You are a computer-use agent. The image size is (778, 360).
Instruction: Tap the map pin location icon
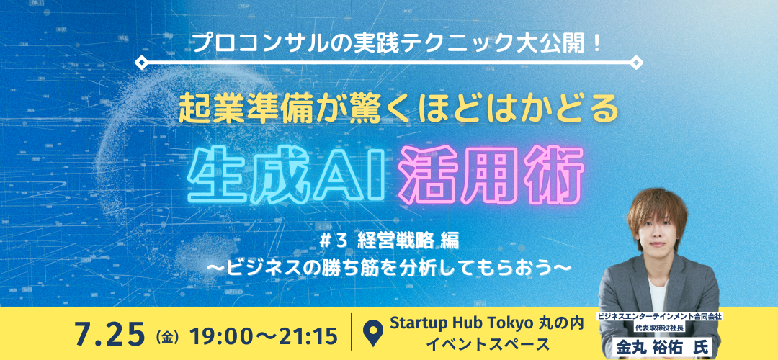pos(372,333)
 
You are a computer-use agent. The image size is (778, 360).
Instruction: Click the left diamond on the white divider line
pos(141,63)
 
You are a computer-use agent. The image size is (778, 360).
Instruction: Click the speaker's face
pos(659,236)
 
